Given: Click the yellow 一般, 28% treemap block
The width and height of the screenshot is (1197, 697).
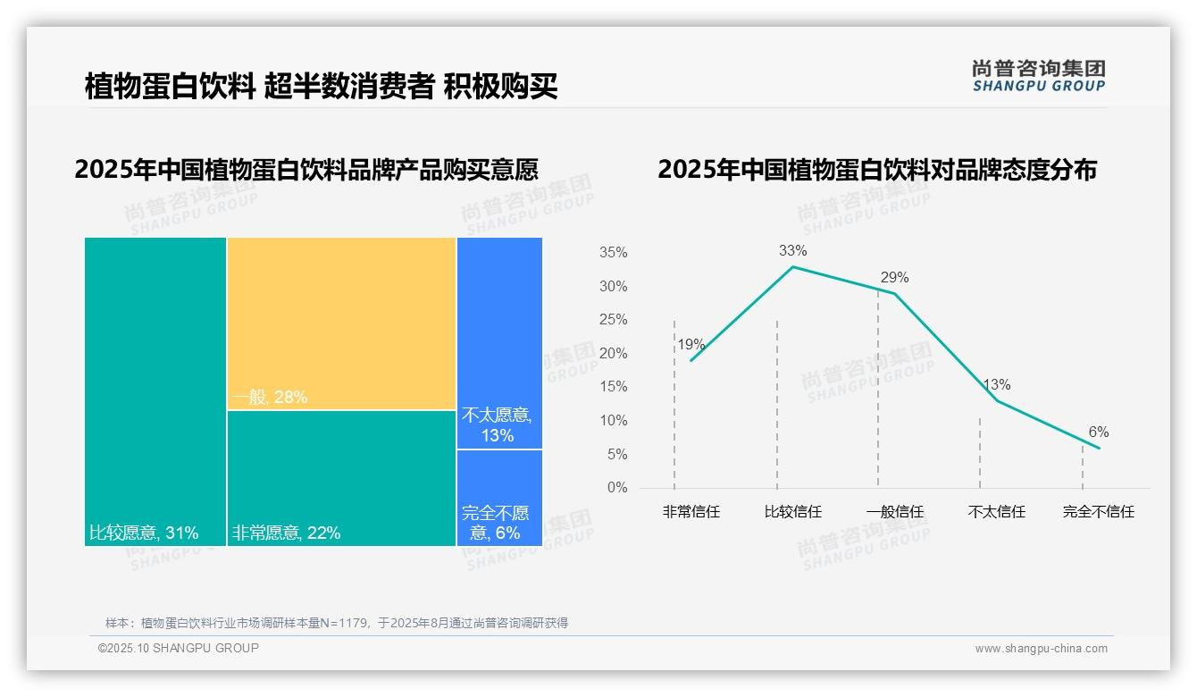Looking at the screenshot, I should pos(341,323).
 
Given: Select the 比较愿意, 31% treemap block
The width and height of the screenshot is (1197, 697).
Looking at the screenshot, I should pos(155,391).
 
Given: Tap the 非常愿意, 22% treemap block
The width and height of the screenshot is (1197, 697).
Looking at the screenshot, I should pos(341,478).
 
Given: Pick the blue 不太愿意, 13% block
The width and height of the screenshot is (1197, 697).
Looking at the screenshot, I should pos(499,343).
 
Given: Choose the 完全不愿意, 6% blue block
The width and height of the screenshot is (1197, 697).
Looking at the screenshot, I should pos(499,497).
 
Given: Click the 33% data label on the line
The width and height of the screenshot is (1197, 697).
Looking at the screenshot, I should pos(792,250).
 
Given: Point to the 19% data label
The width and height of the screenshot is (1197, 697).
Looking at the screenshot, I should pos(691,345).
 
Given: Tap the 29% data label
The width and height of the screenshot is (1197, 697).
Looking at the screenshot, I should pos(894,278).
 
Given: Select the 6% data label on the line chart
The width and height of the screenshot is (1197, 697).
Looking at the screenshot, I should pos(1098,432).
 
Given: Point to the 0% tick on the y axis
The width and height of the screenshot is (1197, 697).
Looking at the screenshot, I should pos(617,488).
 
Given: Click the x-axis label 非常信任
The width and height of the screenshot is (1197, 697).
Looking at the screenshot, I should pos(691,512).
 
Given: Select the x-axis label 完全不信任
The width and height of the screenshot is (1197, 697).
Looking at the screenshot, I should pos(1098,512).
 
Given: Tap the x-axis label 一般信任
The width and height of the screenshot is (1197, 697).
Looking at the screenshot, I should pos(894,512).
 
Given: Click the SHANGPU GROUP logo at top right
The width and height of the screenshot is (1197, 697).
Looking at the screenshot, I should pos(1038,76).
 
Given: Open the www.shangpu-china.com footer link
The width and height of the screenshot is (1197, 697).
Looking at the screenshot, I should pos(1041,649).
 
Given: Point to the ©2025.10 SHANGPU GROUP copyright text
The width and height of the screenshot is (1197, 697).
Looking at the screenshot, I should pos(179,648).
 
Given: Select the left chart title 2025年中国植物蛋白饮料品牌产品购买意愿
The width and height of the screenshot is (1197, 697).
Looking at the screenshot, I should pos(306,169).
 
